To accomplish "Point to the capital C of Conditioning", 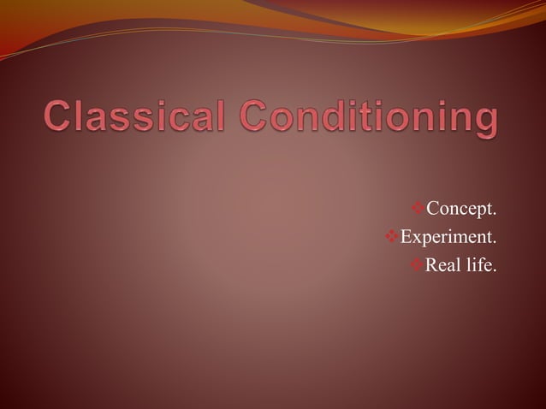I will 257,118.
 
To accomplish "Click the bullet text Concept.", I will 461,209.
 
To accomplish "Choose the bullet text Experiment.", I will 448,237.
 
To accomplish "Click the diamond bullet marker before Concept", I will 418,209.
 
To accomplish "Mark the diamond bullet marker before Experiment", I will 392,237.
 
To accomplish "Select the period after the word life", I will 494,270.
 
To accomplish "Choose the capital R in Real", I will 432,265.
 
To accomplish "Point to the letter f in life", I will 480,264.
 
